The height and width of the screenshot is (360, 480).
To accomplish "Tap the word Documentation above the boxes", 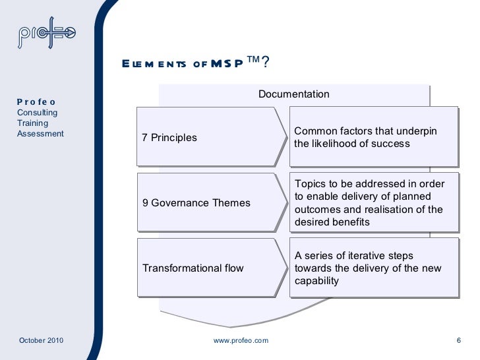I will tap(293, 94).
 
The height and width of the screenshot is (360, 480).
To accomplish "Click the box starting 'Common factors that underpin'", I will tap(373, 137).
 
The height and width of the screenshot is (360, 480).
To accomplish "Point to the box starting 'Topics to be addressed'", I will tap(373, 202).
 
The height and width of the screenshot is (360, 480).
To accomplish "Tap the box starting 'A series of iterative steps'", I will tap(373, 268).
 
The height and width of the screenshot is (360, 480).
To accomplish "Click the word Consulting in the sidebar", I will tap(37, 113).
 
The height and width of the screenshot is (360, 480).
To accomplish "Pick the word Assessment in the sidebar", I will tap(40, 134).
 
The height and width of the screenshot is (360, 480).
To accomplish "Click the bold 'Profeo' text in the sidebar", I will tap(36, 102).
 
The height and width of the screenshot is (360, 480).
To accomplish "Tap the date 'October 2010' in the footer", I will tap(41, 340).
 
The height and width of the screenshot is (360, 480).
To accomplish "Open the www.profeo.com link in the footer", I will tap(241, 340).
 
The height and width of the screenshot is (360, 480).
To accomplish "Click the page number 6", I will tap(458, 340).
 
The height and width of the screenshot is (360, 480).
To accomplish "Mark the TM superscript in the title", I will tap(253, 59).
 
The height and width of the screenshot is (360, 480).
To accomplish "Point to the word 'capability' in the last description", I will tap(316, 280).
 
